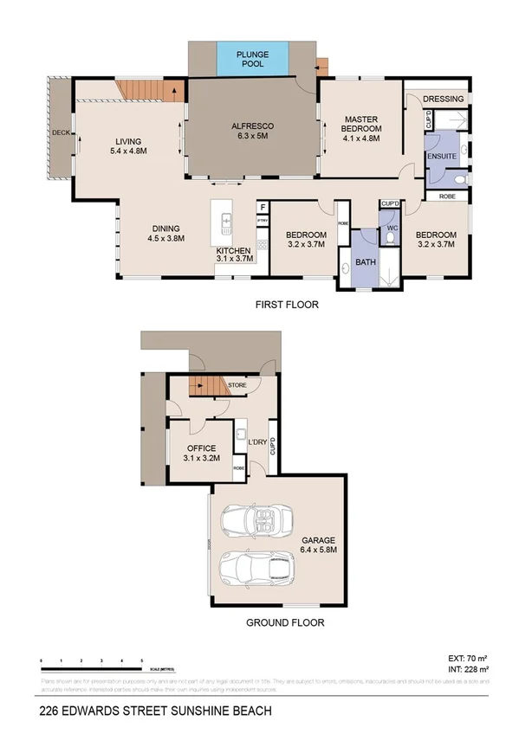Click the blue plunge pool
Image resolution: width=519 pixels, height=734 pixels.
pos(252,59)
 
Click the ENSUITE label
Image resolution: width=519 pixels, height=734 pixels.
pos(442,157)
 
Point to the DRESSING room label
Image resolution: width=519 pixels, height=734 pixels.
pos(443,99)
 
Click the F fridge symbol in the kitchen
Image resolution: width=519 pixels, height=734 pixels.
pos(263,207)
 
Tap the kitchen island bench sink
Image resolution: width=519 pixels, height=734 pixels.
pos(227,223)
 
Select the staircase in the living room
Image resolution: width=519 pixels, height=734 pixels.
pos(151,89)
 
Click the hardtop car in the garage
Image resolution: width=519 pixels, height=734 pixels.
pos(257,569)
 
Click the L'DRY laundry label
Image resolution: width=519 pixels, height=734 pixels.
pos(256,443)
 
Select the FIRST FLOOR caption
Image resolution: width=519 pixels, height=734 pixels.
pos(286,304)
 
